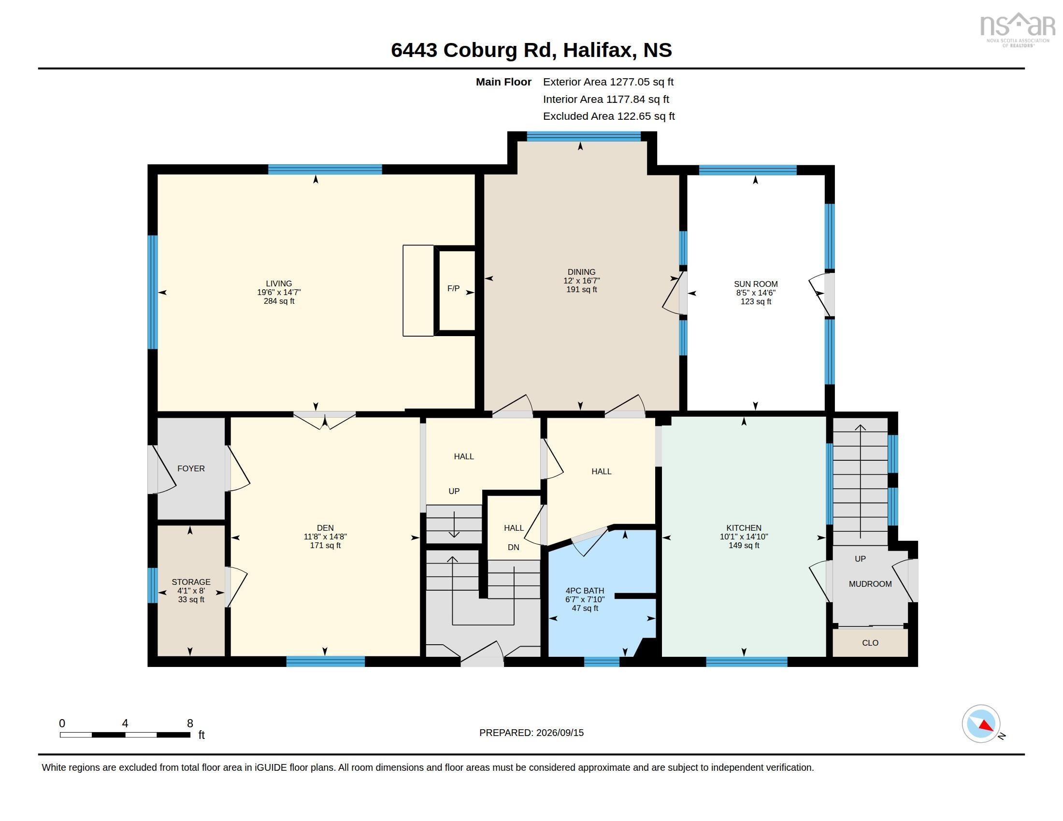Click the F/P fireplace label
(453, 288)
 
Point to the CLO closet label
(870, 643)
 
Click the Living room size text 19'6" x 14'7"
(279, 292)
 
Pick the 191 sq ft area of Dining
(582, 289)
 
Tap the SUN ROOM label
(756, 284)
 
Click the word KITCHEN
(744, 528)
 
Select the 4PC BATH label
(585, 591)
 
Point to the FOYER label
(191, 468)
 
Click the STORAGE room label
(191, 582)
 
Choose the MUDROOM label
(870, 584)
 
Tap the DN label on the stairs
(514, 547)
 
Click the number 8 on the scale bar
(190, 723)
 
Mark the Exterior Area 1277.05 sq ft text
(608, 82)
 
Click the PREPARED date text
(531, 733)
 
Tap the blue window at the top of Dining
(584, 136)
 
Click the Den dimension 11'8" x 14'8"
(325, 537)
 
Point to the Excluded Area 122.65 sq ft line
(608, 116)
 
